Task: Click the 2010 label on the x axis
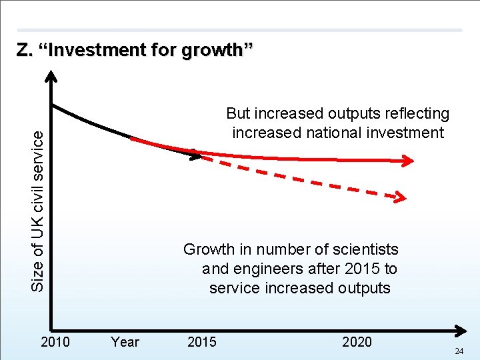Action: pos(55,342)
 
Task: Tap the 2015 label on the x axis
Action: pos(201,342)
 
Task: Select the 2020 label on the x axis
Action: pos(357,342)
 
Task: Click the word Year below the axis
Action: pos(125,342)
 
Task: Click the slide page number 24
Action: pos(459,351)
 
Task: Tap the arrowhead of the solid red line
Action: pos(407,160)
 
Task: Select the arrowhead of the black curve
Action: pos(195,157)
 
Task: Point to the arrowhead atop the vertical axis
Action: pos(53,76)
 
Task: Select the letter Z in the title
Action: pos(24,50)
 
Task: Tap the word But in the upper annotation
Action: pos(239,114)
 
